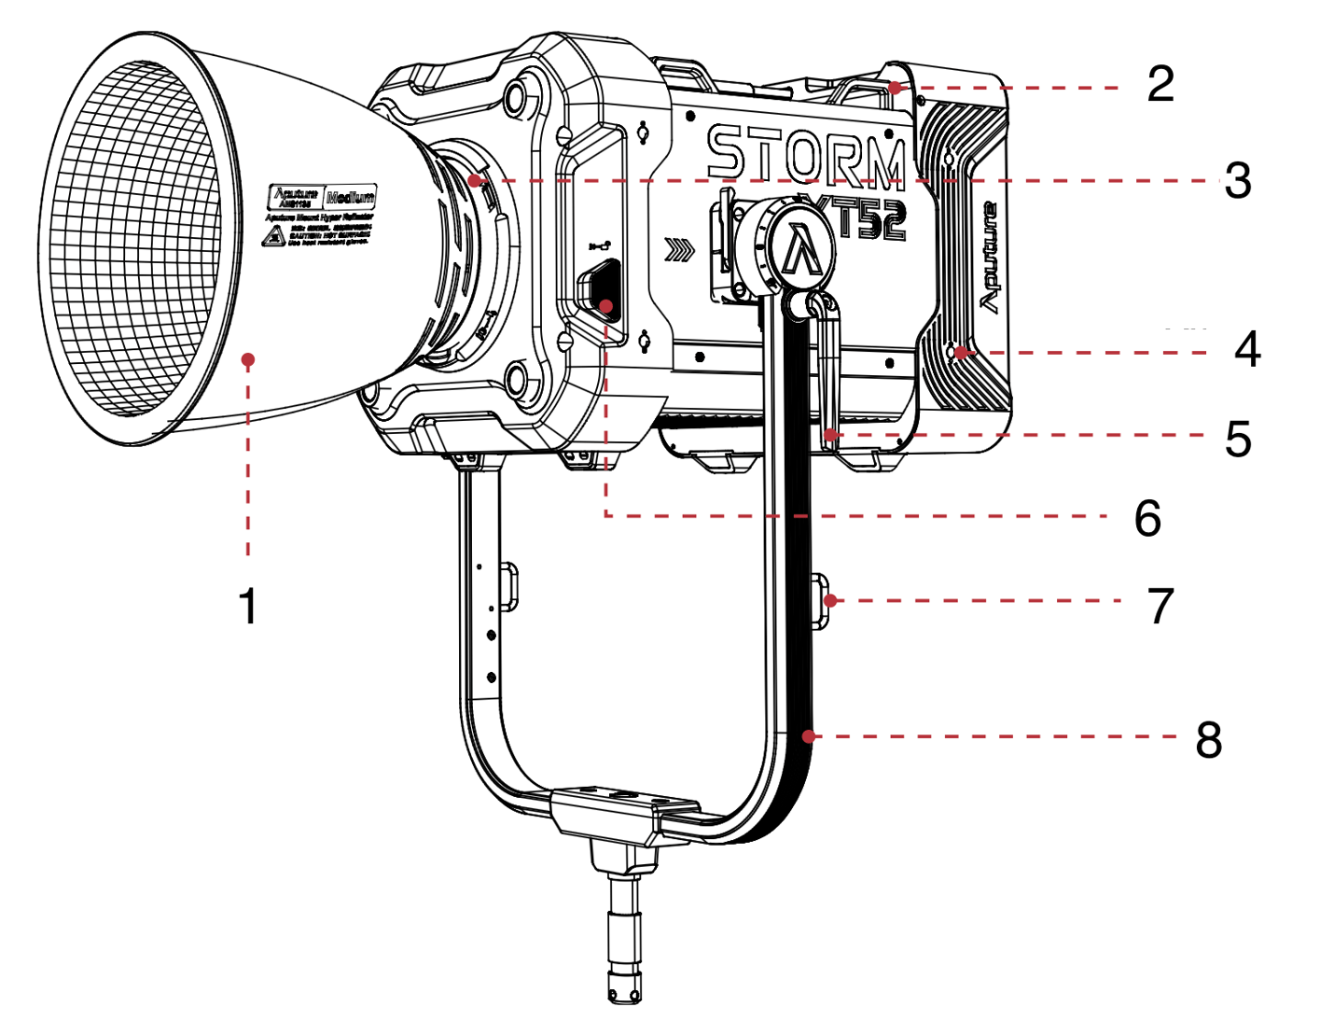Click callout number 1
point(247,607)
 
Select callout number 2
point(1160,85)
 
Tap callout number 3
point(1237,180)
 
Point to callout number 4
point(1247,350)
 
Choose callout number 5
point(1238,439)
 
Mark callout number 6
point(1147,518)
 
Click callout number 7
point(1160,606)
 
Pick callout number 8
point(1208,740)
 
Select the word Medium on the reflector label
point(350,197)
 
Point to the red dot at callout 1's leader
point(248,358)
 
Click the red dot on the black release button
point(606,306)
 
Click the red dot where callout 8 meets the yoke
point(808,736)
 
